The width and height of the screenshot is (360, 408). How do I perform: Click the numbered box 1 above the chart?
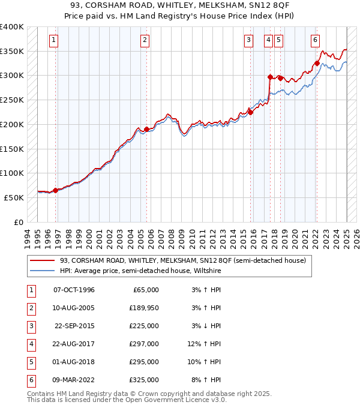(54, 40)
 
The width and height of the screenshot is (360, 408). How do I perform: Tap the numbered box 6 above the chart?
(315, 40)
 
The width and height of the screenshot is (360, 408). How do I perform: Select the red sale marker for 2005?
(147, 129)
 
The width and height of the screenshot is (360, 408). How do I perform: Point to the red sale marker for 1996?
(56, 190)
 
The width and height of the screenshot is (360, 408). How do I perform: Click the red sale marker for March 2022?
(317, 63)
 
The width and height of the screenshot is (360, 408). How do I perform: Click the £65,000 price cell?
(146, 290)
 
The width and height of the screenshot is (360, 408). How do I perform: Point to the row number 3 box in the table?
(30, 326)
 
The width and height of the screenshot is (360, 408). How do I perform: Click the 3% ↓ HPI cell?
(206, 326)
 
